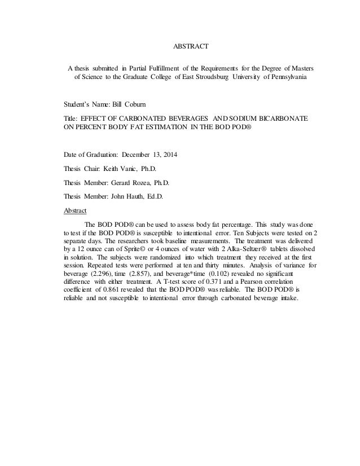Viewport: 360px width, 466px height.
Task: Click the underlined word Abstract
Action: click(x=76, y=210)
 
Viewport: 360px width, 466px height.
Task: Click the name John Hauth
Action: click(x=128, y=197)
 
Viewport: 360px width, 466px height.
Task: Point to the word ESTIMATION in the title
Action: click(x=164, y=129)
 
